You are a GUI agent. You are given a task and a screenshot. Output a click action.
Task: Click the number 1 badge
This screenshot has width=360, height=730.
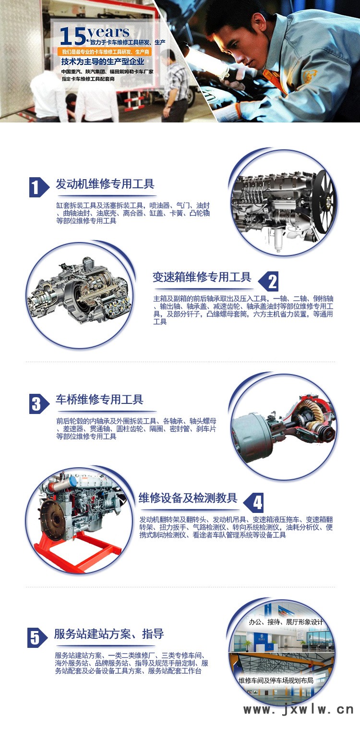[x=39, y=187]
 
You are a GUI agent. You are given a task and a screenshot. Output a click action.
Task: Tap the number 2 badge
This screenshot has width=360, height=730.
[x=268, y=281]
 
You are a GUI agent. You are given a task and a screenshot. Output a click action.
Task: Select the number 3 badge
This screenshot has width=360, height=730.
[x=39, y=404]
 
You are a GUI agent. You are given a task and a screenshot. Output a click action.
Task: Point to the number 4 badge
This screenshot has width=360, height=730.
[x=253, y=502]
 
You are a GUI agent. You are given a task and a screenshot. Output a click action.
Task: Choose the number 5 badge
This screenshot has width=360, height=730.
[x=37, y=638]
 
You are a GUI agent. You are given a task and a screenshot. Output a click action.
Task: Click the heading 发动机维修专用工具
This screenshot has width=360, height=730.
[x=105, y=184]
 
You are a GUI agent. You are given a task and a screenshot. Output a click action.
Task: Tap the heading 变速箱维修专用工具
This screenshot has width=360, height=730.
[x=202, y=277]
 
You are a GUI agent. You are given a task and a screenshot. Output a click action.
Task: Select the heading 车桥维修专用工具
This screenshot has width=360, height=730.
[x=99, y=399]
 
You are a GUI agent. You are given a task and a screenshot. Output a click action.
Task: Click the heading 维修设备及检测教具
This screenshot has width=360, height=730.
[x=188, y=498]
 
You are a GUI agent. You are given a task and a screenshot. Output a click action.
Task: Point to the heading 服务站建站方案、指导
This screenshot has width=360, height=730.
[x=109, y=634]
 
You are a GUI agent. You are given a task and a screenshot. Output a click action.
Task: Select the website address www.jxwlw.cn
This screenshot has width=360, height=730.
[x=299, y=709]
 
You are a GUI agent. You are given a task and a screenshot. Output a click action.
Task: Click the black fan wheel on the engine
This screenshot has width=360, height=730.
[x=324, y=202]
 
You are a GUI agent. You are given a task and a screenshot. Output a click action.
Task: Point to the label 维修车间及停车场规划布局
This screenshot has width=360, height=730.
[x=276, y=681]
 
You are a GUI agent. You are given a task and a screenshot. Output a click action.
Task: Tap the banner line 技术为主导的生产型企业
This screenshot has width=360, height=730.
[x=103, y=61]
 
